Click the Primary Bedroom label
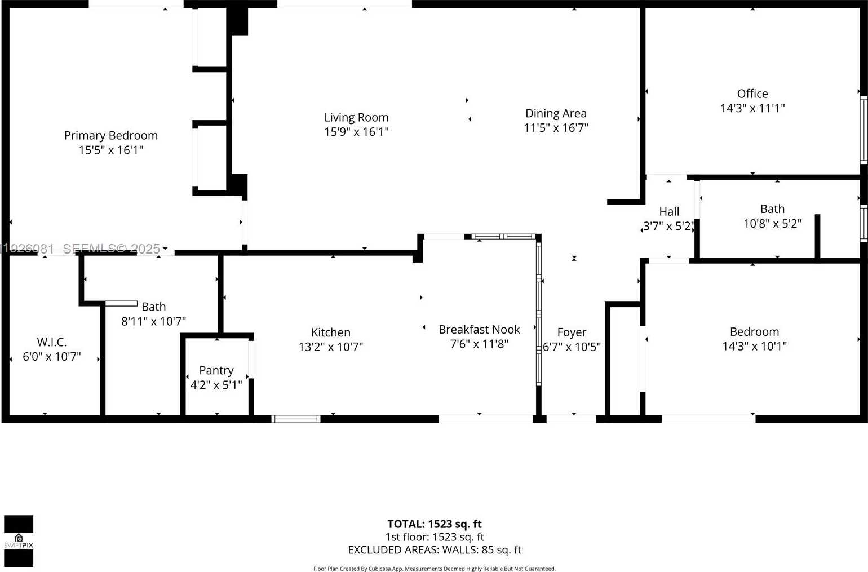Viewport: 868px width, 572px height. [110, 135]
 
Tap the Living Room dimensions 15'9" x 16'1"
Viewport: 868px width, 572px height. [356, 132]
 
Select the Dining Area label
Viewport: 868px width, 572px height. [556, 113]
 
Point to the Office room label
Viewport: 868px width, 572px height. [752, 94]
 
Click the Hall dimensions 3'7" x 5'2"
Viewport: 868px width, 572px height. [668, 227]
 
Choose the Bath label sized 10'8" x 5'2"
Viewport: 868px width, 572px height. [772, 209]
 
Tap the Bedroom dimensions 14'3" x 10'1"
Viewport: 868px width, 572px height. [754, 346]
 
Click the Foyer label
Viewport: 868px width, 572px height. [572, 332]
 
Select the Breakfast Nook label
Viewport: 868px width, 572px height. [479, 330]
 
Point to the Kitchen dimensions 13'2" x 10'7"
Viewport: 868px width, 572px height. [331, 347]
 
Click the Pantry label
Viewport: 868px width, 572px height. [216, 370]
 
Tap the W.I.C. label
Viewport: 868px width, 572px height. [52, 342]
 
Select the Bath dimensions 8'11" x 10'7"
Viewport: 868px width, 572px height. [153, 321]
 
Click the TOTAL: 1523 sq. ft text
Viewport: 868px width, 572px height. [434, 524]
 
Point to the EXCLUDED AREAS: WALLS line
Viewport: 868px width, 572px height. [434, 550]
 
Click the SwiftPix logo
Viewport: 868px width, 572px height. [19, 541]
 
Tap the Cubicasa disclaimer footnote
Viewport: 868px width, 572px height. [434, 569]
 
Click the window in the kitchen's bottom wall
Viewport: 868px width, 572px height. [296, 419]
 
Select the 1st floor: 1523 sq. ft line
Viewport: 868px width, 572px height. [434, 537]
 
